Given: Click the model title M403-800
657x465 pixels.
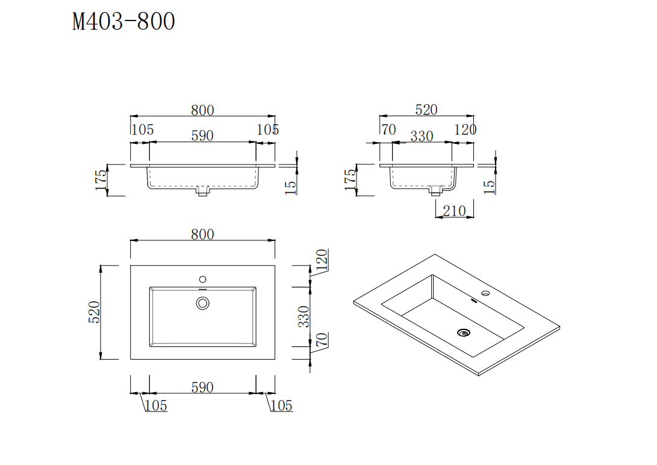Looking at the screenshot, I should pyautogui.click(x=123, y=22).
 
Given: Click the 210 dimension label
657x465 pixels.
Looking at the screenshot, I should pyautogui.click(x=454, y=211).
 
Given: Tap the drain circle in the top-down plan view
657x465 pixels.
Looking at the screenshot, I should pyautogui.click(x=202, y=303).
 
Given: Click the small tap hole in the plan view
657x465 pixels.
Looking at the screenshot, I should pyautogui.click(x=202, y=279).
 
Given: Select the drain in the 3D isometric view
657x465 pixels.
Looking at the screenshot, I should pyautogui.click(x=463, y=332).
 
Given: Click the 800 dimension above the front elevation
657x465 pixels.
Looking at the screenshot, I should pyautogui.click(x=202, y=110).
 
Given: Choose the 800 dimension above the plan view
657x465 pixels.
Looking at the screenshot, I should pyautogui.click(x=202, y=234).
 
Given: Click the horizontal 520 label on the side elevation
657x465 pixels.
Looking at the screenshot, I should pyautogui.click(x=426, y=110).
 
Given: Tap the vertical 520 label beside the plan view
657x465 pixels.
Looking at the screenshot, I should pyautogui.click(x=95, y=312).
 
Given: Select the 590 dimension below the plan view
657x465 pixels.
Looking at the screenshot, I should pyautogui.click(x=202, y=387).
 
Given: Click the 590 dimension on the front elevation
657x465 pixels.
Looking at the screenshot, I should pyautogui.click(x=202, y=136).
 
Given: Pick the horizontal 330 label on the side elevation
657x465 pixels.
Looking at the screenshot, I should pyautogui.click(x=422, y=137).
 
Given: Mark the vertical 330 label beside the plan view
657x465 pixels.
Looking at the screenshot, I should pyautogui.click(x=305, y=316).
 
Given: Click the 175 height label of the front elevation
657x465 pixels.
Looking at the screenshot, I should pyautogui.click(x=101, y=179).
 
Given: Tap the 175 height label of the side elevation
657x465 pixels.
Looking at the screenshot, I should pyautogui.click(x=350, y=179).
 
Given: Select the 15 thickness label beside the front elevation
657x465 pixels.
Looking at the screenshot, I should pyautogui.click(x=290, y=187).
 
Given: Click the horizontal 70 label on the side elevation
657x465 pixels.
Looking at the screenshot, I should pyautogui.click(x=388, y=130).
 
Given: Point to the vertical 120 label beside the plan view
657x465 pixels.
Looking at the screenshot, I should pyautogui.click(x=322, y=259).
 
